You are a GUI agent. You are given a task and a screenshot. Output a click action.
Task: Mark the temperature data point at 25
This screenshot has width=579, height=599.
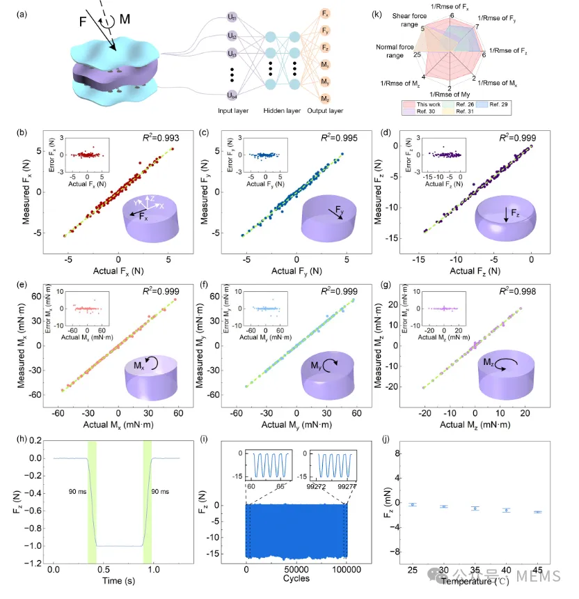pos(413,504)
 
